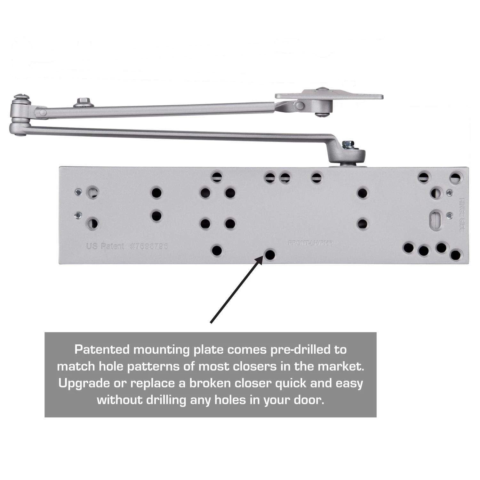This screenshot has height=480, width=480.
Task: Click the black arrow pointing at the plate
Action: pos(237,290)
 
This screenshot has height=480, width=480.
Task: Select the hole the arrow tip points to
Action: pos(270,254)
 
